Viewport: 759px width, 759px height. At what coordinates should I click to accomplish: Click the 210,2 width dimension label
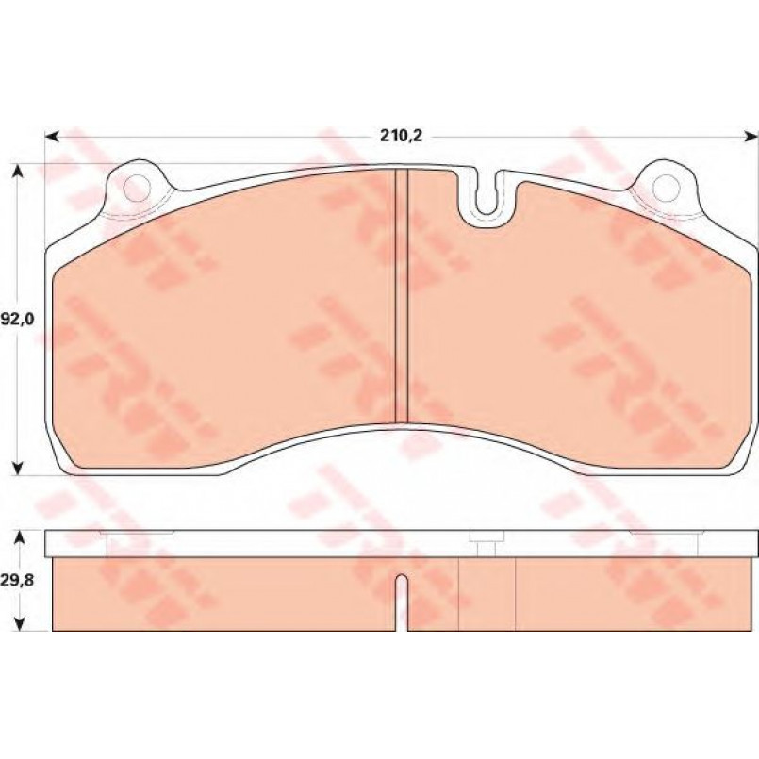(x=402, y=136)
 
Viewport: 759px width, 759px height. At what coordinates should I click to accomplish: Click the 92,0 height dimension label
(x=17, y=320)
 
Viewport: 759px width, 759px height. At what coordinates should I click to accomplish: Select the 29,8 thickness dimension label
(x=17, y=581)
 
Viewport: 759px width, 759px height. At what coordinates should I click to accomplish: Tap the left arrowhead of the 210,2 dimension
(x=51, y=138)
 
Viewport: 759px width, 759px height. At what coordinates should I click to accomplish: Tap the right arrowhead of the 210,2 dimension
(x=751, y=138)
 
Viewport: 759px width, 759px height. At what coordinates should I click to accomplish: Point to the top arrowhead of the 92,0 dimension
(x=18, y=171)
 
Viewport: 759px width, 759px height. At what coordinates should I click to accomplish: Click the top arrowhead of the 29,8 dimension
(x=18, y=537)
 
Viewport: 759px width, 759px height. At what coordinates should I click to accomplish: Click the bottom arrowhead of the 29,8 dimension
(x=18, y=623)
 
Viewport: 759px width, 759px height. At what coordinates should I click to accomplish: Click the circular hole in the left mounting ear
(x=137, y=189)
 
